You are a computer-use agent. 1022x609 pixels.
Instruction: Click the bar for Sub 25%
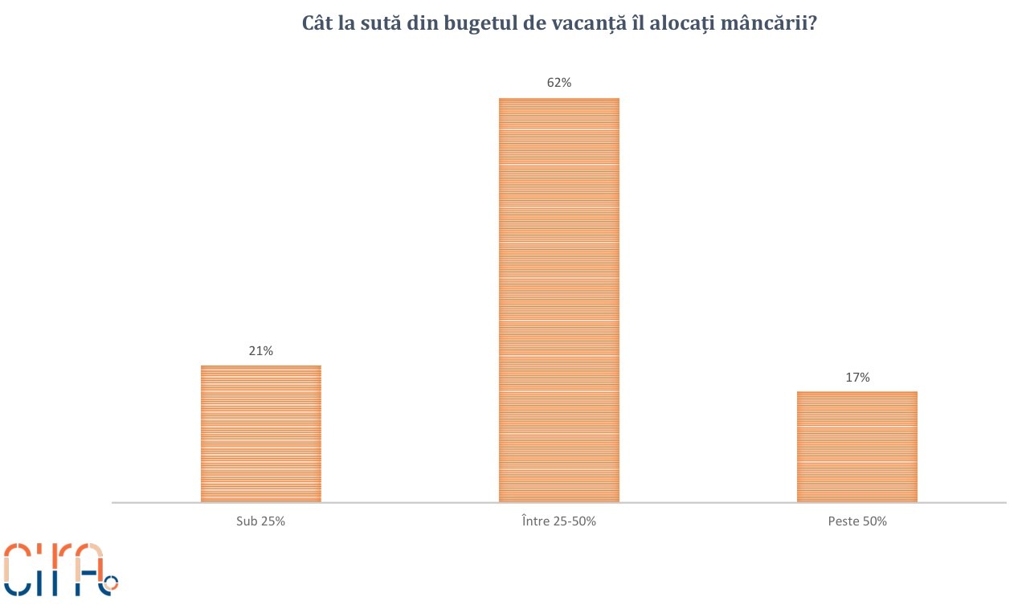260,433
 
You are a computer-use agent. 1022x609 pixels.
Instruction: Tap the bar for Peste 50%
856,446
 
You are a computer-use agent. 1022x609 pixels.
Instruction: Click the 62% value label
558,83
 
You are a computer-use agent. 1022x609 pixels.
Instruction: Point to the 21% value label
260,351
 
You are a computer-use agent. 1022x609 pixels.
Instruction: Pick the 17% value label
857,377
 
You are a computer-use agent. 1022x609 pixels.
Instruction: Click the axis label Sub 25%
260,521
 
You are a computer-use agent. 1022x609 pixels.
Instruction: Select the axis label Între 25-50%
558,521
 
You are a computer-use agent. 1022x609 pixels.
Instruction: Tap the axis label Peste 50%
857,521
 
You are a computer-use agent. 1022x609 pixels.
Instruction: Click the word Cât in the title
317,23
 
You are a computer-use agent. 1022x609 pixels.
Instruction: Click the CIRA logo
60,569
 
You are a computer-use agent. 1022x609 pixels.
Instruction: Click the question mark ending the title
812,23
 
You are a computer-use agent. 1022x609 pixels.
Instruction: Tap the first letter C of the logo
18,569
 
